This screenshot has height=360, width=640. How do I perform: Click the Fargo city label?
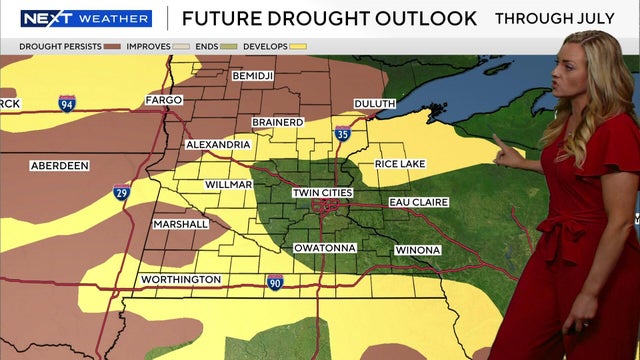click(163, 101)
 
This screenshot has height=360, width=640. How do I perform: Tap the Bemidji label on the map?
click(252, 76)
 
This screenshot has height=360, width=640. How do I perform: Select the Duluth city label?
click(374, 103)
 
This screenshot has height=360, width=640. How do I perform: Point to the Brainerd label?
click(277, 122)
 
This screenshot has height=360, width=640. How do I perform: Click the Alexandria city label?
click(218, 145)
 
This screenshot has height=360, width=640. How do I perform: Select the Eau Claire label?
click(419, 202)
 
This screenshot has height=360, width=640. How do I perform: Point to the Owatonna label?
click(325, 248)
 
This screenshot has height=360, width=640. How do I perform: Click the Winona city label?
click(417, 249)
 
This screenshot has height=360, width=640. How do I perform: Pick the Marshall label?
click(181, 224)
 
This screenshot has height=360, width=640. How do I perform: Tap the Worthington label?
click(180, 279)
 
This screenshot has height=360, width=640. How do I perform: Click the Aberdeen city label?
click(60, 165)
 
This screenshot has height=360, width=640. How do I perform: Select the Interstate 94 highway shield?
click(67, 103)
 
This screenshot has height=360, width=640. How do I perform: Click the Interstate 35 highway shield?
click(342, 133)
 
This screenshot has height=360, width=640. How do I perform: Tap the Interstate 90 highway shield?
click(275, 282)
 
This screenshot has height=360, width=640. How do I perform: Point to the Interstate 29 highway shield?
click(121, 192)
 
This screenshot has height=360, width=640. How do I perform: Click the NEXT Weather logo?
click(86, 18)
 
